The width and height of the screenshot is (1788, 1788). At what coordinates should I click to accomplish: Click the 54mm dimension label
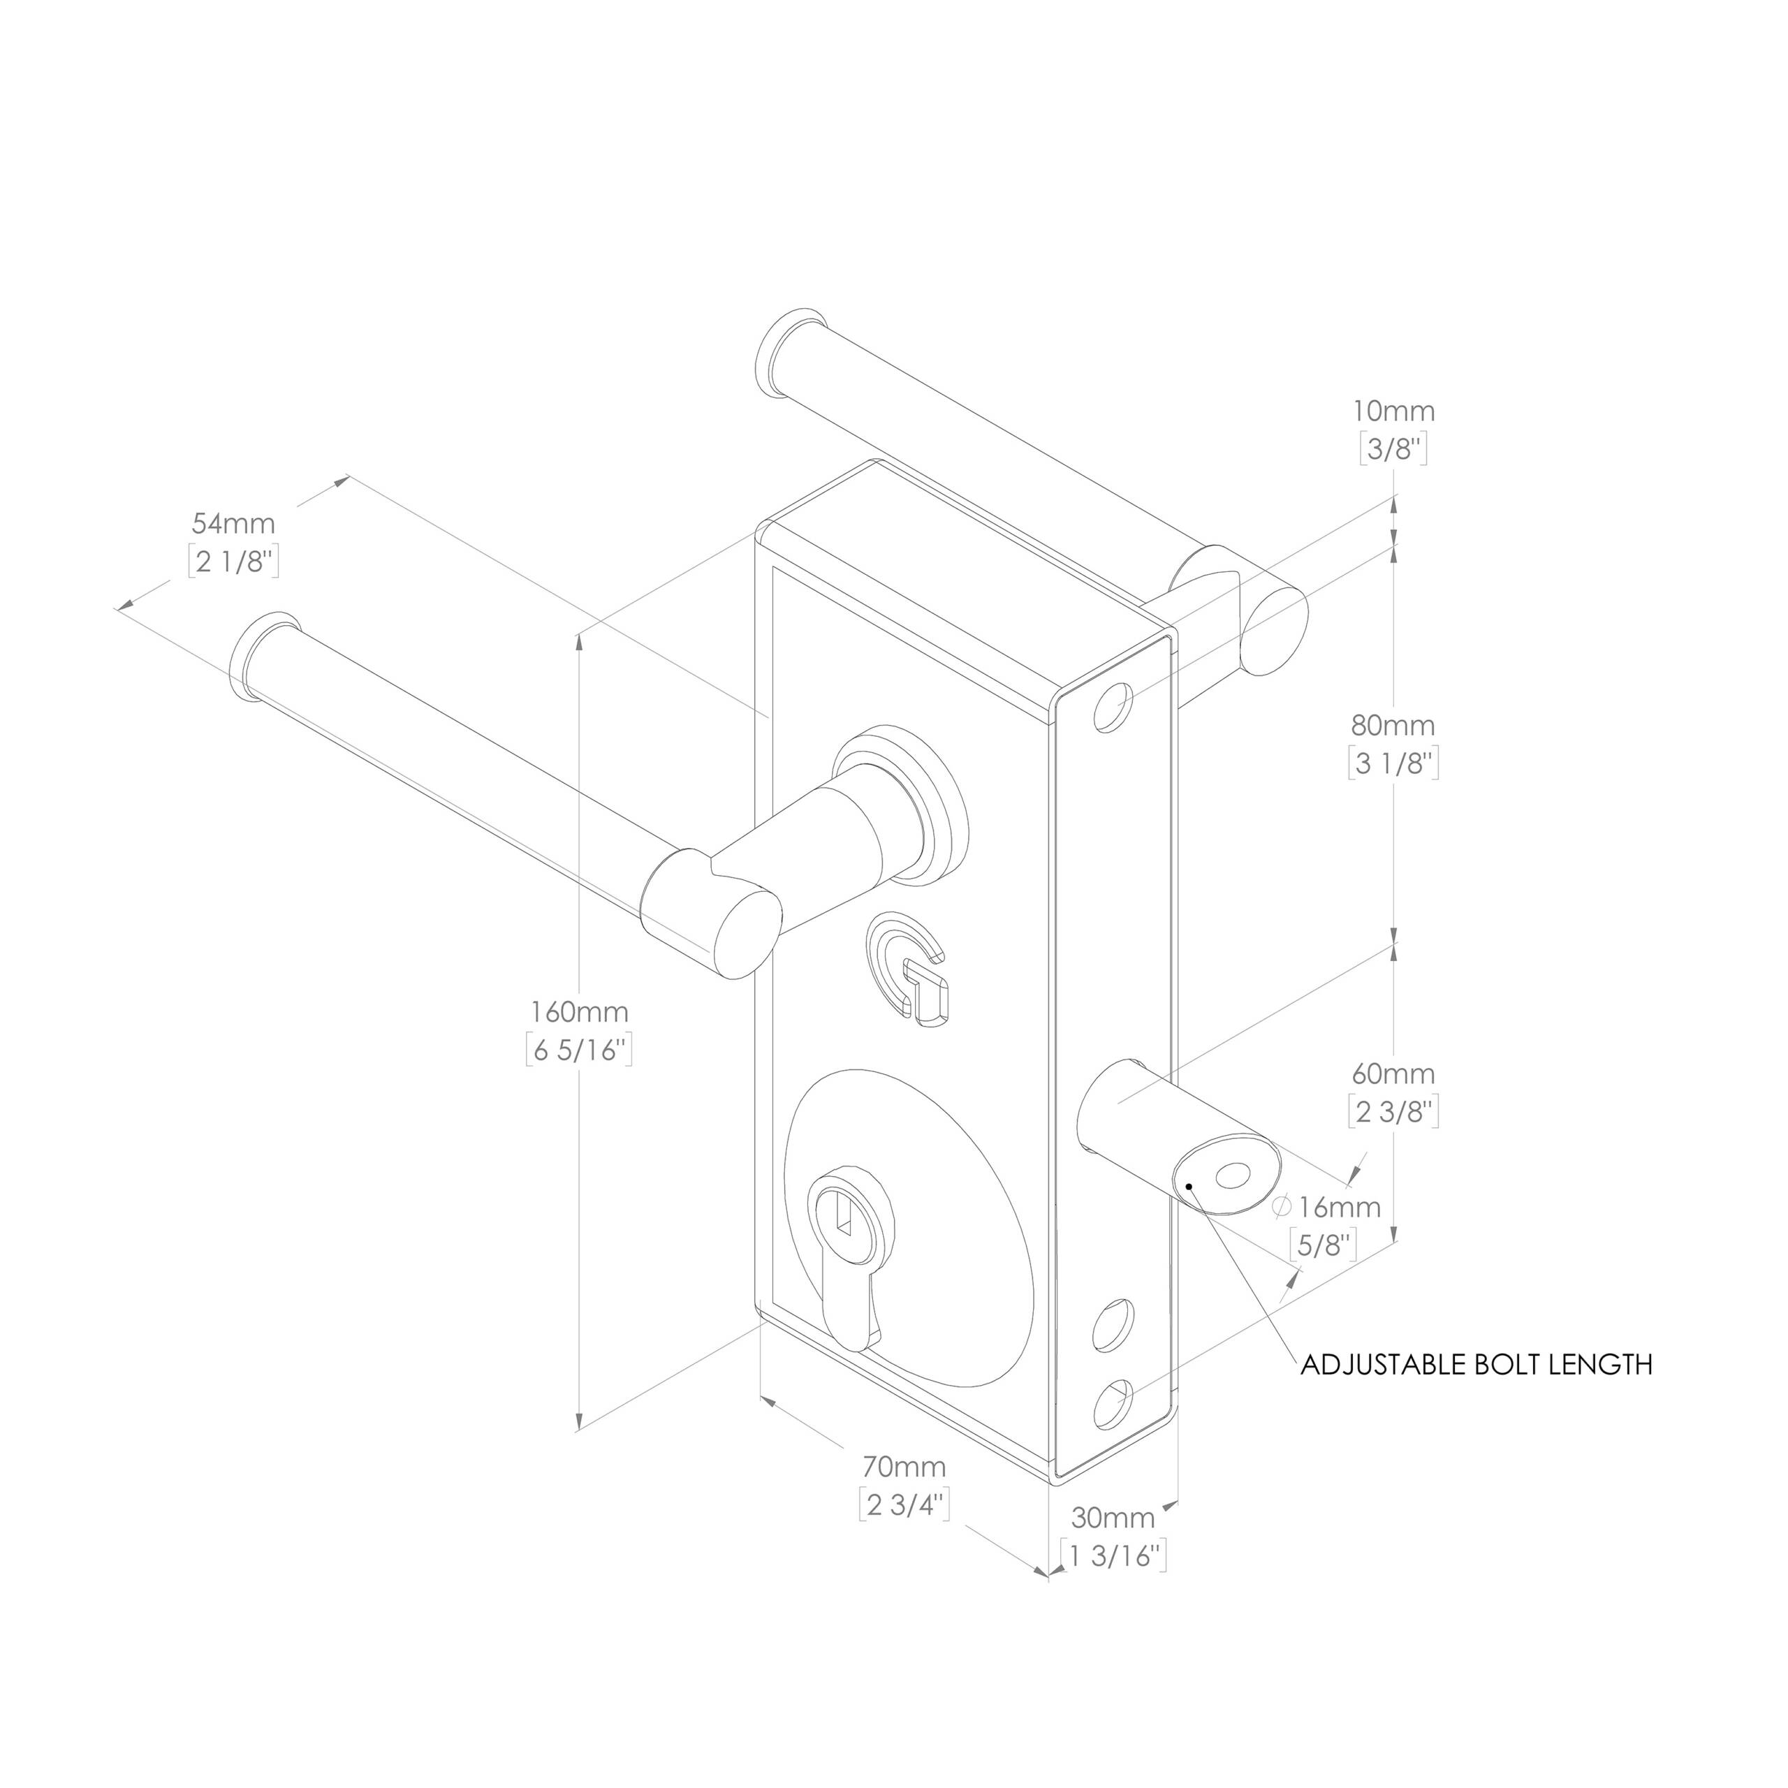click(233, 524)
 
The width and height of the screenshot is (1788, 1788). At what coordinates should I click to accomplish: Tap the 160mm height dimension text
click(579, 1011)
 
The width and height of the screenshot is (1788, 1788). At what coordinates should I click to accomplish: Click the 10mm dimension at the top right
click(1394, 411)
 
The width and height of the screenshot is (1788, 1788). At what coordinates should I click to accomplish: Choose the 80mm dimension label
click(1394, 725)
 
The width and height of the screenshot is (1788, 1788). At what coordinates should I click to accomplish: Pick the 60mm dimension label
click(1394, 1073)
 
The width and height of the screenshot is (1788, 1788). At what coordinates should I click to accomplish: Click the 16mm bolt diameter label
click(1338, 1207)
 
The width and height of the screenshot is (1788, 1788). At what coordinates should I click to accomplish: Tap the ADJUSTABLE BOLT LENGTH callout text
click(1475, 1364)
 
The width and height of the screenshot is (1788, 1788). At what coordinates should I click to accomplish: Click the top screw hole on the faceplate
click(1113, 708)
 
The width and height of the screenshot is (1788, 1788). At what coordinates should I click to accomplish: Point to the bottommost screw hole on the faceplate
click(1113, 1403)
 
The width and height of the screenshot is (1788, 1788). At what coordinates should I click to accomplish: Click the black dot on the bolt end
click(1188, 1185)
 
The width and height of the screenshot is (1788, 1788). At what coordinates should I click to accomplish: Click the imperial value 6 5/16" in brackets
click(579, 1050)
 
